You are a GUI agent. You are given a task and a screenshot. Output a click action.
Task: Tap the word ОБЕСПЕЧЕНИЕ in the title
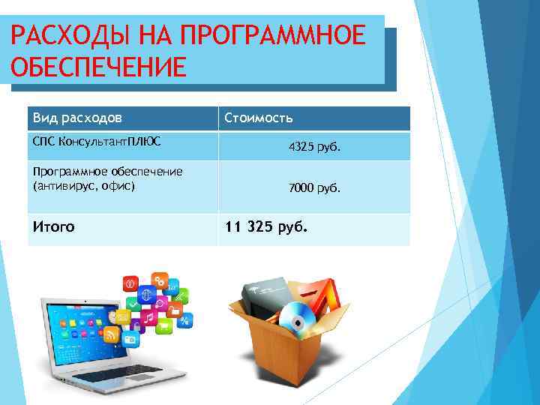(x=98, y=67)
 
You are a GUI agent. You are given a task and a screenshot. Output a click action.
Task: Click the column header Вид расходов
(x=77, y=118)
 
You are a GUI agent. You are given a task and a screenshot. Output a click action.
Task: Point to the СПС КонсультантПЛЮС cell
(x=96, y=140)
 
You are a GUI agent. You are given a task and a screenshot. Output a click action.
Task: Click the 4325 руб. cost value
(x=314, y=148)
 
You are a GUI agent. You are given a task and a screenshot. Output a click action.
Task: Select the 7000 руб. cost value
(x=314, y=189)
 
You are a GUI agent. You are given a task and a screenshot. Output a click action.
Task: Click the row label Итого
(x=53, y=226)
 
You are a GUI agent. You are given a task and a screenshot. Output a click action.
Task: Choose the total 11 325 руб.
(x=266, y=226)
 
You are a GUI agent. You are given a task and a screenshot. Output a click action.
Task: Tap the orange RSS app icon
(x=112, y=334)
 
